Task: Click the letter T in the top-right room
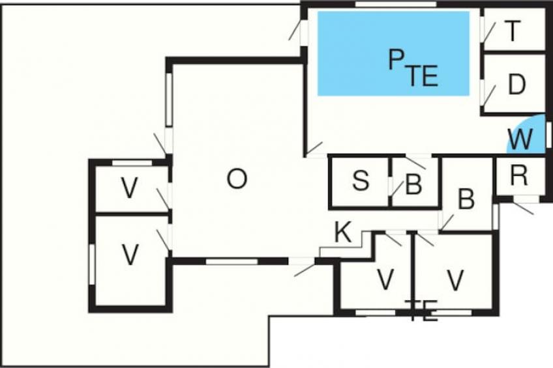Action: (514, 31)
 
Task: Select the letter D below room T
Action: (516, 85)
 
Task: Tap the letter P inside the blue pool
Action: (396, 61)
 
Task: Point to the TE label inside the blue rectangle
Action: (423, 77)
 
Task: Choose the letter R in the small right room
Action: (518, 176)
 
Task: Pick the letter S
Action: (360, 182)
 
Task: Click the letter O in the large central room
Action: (237, 179)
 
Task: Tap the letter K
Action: (343, 233)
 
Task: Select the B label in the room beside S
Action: (413, 185)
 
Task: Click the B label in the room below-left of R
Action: (466, 200)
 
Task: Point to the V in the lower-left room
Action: (130, 255)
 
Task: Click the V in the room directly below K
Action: (385, 280)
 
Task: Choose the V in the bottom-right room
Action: (455, 280)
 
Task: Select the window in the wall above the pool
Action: (395, 5)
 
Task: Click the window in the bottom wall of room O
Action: (232, 261)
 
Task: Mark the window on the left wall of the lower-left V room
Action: (93, 264)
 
